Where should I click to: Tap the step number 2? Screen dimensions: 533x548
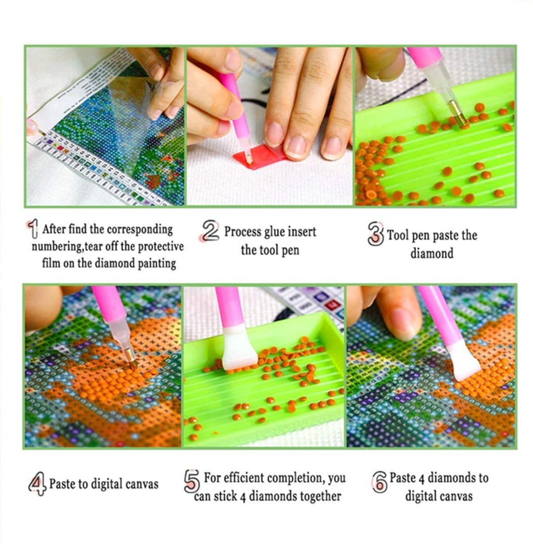pos(210,231)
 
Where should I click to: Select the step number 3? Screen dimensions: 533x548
pos(375,234)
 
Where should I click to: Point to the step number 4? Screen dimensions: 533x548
pos(37,484)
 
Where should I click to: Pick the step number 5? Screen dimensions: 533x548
pos(192,481)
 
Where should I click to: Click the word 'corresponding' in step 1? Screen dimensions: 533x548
pos(139,230)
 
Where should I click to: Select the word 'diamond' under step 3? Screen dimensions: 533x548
pos(432,253)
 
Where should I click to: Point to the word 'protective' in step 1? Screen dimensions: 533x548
pos(161,247)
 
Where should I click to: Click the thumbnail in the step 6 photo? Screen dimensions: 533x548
pos(402,325)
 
